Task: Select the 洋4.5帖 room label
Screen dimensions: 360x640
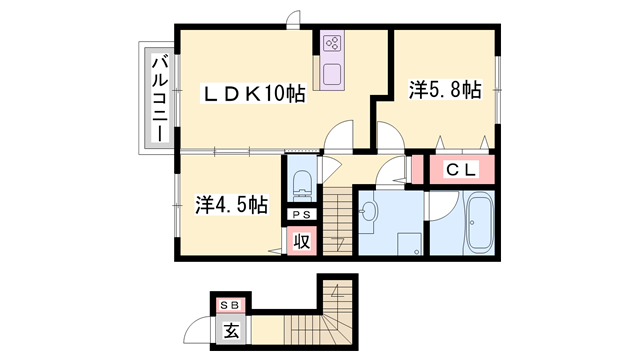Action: click(230, 204)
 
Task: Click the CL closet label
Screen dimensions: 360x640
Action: click(459, 170)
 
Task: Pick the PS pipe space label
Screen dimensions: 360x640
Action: click(300, 214)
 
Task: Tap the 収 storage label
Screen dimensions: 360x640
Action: click(300, 240)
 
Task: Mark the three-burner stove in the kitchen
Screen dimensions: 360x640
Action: click(332, 44)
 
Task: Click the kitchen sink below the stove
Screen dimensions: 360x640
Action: click(332, 74)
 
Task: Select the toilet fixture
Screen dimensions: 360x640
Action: click(301, 184)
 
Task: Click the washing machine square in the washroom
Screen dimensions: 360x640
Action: click(406, 243)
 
